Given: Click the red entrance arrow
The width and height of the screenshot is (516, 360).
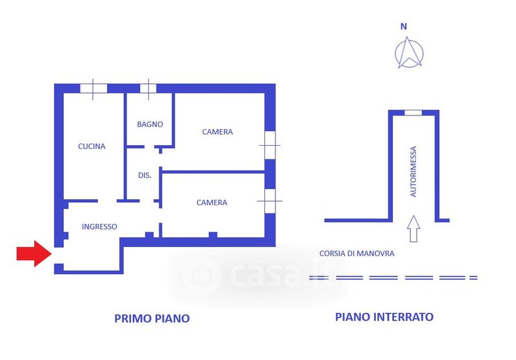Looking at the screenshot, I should [x=33, y=254].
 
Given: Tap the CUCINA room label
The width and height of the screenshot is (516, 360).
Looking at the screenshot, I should [x=92, y=146].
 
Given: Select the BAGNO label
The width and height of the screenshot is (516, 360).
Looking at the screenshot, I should [x=150, y=125].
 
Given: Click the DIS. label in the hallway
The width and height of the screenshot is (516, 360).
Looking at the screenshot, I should [x=144, y=175].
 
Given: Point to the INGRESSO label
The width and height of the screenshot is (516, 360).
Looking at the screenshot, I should [x=99, y=226].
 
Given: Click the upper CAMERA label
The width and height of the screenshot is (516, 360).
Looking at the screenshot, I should [x=217, y=132].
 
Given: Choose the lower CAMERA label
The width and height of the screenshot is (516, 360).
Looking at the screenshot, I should [x=212, y=203].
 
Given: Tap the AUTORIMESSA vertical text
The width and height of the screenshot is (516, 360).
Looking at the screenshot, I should [x=413, y=171].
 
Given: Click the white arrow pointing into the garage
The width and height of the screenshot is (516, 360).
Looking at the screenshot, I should [x=413, y=228].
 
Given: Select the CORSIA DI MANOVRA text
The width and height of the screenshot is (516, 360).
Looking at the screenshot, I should [x=356, y=254].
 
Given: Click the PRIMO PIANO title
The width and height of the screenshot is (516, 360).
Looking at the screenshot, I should [x=152, y=318].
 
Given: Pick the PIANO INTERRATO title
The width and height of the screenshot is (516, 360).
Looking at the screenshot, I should [x=384, y=317].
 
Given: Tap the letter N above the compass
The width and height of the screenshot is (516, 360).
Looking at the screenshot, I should [x=404, y=26].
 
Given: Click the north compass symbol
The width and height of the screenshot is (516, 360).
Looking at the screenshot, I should [x=408, y=53].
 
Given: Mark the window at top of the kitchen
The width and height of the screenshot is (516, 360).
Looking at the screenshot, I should [x=93, y=88].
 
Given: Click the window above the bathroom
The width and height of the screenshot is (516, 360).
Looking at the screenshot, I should [x=148, y=88].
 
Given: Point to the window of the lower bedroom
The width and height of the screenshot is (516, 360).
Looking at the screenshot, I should [x=270, y=201].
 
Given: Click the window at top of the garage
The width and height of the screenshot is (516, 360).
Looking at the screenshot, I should [x=413, y=113].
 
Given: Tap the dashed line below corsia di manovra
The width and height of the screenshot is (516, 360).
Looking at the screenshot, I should [x=393, y=277].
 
